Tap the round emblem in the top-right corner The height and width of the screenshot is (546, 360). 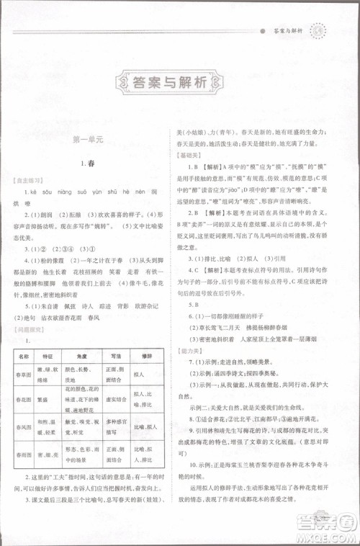click(318, 32)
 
